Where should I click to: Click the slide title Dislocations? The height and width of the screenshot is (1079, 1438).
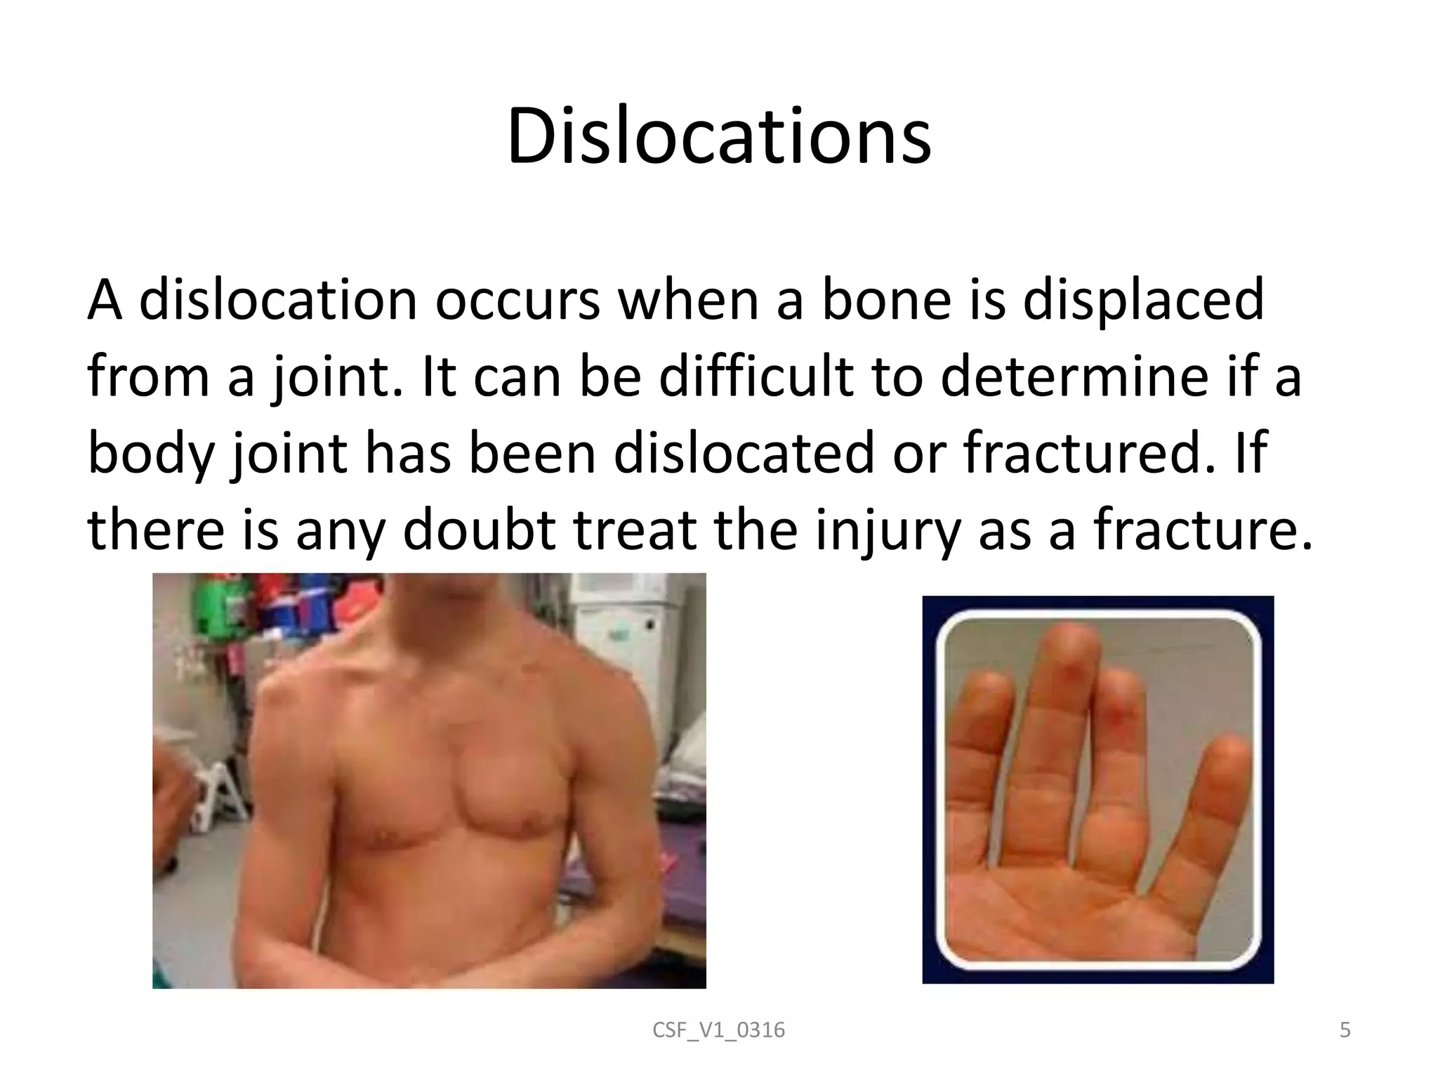pyautogui.click(x=719, y=138)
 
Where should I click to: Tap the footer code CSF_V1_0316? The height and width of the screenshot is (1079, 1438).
pyautogui.click(x=718, y=1031)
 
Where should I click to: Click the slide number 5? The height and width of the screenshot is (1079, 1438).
pyautogui.click(x=1345, y=1031)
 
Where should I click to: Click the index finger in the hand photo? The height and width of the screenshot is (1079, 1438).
pyautogui.click(x=979, y=759)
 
